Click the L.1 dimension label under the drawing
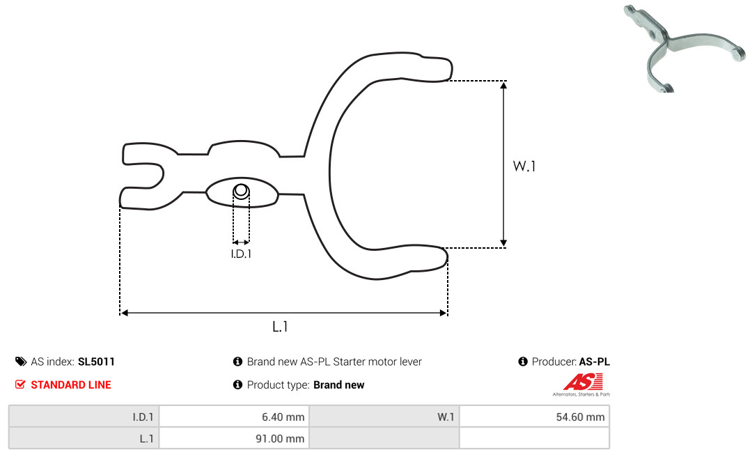(280, 326)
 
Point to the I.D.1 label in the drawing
(241, 254)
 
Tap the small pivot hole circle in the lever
(241, 191)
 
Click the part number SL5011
(96, 362)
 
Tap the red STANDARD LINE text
(71, 385)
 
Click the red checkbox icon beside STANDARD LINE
(20, 385)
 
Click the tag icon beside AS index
(20, 362)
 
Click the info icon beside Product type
(237, 385)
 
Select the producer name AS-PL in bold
(595, 362)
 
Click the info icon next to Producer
(523, 362)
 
